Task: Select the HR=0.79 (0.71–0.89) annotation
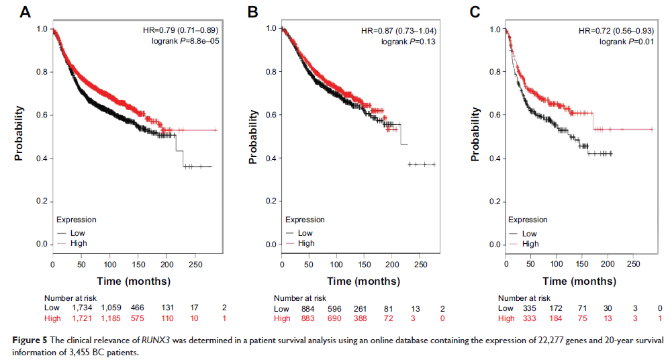[x=181, y=30]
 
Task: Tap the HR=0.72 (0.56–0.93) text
[x=620, y=30]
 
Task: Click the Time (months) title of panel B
[x=352, y=280]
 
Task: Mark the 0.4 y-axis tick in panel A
[x=40, y=159]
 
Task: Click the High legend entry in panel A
[x=79, y=243]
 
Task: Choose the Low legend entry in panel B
[x=305, y=233]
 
